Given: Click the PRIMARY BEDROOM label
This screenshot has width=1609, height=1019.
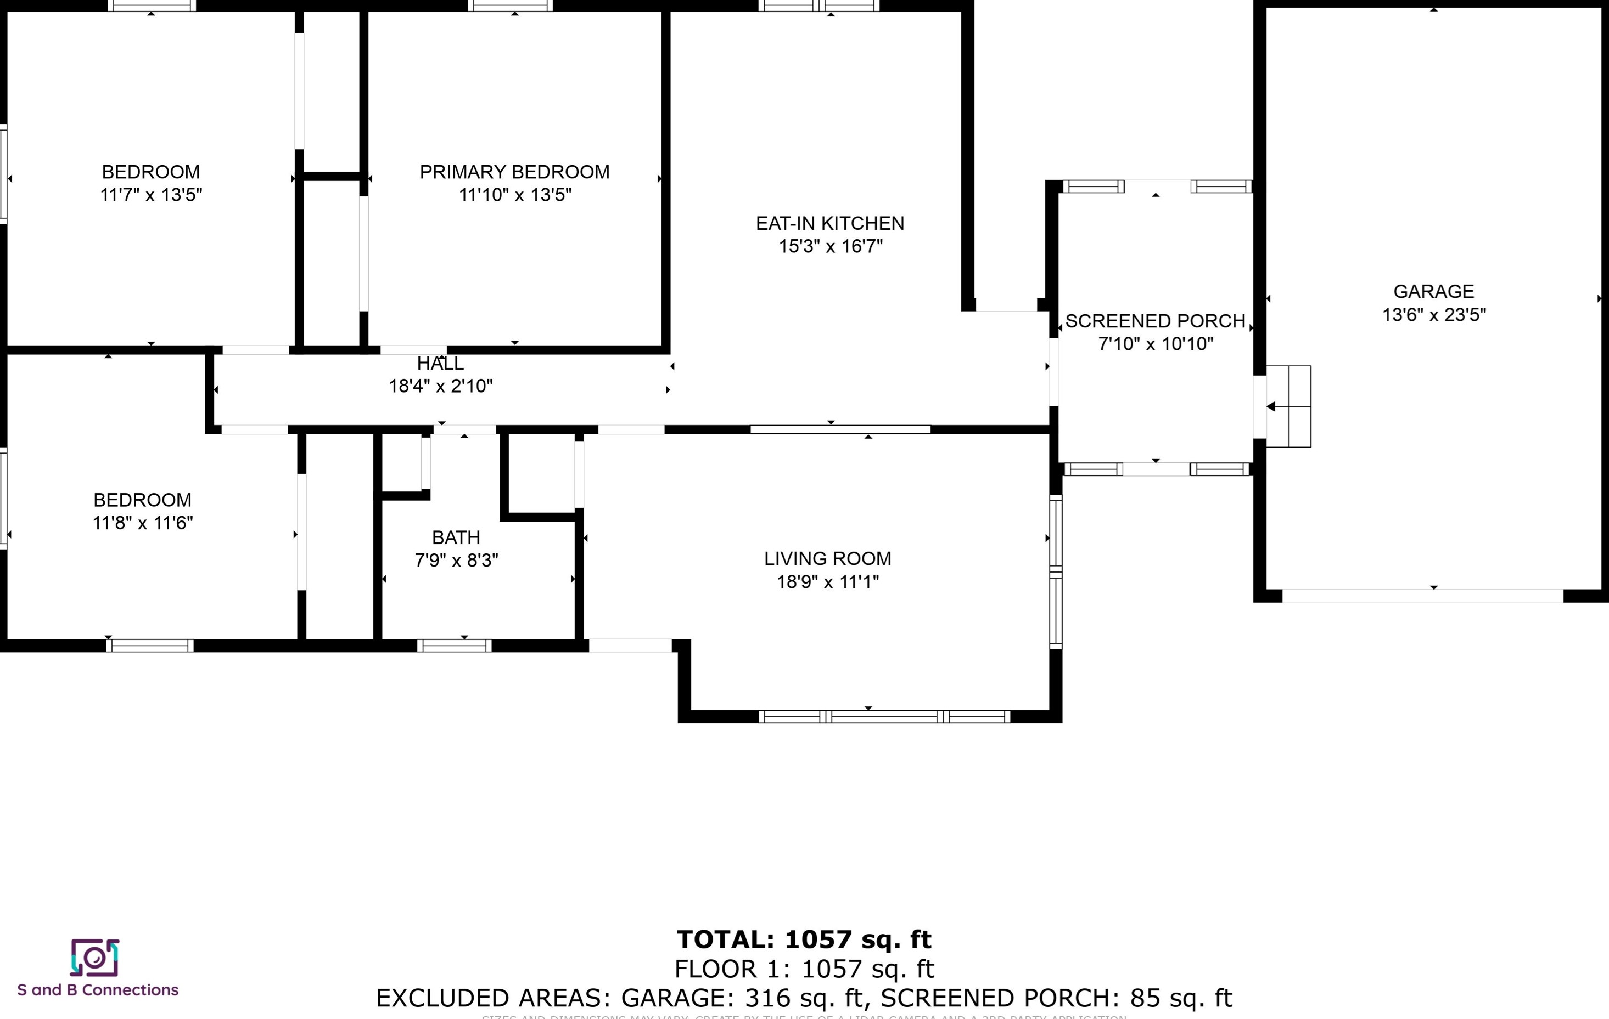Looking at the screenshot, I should click(514, 172).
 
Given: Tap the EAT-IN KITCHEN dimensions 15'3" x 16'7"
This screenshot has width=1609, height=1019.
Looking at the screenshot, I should click(830, 246).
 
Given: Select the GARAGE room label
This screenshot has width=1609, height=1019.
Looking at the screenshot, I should click(1433, 291).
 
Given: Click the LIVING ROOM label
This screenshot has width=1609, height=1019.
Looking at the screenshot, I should click(827, 558).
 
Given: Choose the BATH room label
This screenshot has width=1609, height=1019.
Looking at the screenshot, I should click(456, 537).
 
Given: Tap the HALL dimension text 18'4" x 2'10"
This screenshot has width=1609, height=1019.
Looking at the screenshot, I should click(440, 386).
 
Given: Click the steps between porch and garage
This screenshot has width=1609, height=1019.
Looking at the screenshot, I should click(1289, 406).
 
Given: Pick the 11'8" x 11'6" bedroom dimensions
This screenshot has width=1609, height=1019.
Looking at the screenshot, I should click(142, 523).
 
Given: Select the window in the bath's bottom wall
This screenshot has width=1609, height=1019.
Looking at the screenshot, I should click(455, 645).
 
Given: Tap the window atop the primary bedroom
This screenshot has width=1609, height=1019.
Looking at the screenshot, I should click(511, 6).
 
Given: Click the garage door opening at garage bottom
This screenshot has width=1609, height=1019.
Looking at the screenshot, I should click(1422, 596).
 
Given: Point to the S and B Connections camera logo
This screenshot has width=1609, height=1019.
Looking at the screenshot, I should click(95, 958).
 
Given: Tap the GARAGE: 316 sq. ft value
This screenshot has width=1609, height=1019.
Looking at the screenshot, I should click(743, 998).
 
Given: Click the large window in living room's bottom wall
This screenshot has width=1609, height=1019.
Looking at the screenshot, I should click(884, 716).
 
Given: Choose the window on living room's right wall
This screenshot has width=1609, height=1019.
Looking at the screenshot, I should click(1056, 572).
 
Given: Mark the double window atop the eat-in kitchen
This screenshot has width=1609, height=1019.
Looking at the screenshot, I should click(819, 6).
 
